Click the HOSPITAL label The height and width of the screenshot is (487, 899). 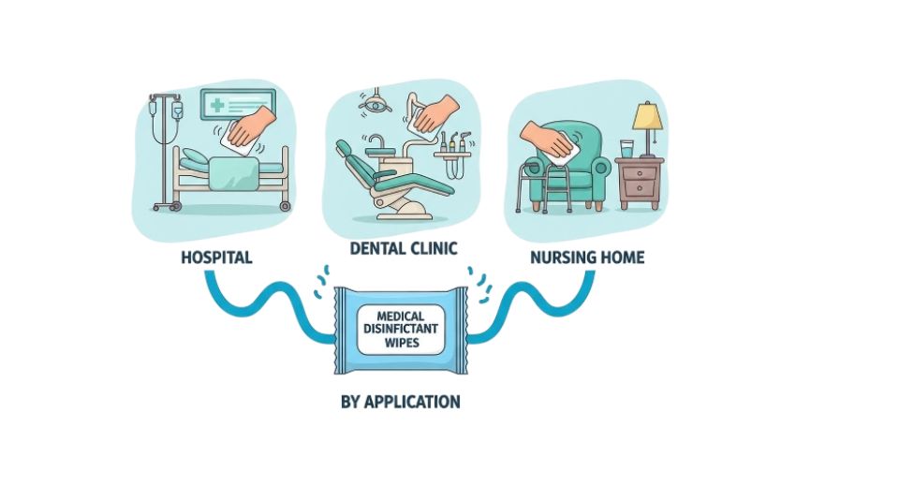[216, 257]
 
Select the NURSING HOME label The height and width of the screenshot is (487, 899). [587, 257]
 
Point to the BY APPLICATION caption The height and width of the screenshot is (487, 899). [400, 403]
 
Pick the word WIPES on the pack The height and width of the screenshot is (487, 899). [400, 344]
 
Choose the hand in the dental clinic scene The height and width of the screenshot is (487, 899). [434, 115]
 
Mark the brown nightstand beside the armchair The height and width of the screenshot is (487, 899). [640, 183]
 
